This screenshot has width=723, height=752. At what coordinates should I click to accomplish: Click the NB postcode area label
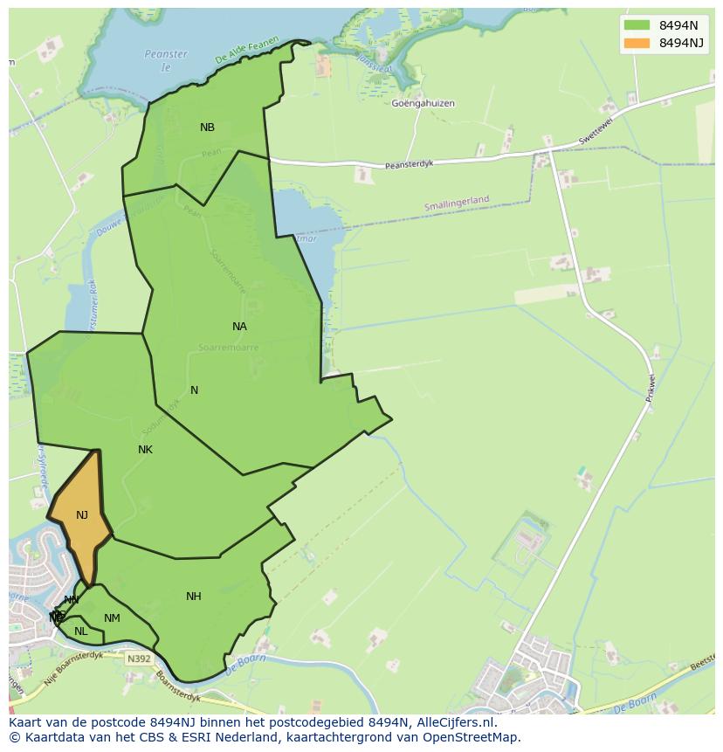click(207, 128)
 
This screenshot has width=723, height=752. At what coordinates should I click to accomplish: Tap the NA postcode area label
click(239, 327)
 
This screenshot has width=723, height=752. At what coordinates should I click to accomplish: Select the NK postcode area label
click(145, 450)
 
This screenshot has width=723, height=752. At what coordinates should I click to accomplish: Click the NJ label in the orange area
click(82, 515)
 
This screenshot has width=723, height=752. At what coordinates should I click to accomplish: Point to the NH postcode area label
click(194, 597)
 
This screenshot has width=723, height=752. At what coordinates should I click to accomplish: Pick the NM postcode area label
click(112, 618)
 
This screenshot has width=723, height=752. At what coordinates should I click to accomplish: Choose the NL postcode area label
click(81, 631)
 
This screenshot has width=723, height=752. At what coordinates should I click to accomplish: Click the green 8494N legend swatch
click(637, 24)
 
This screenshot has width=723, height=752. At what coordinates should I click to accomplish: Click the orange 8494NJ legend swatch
click(637, 43)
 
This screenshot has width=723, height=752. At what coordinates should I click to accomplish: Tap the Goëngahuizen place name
click(423, 103)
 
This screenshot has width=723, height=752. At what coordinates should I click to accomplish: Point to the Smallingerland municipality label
click(457, 202)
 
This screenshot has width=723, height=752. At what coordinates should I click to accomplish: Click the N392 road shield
click(137, 659)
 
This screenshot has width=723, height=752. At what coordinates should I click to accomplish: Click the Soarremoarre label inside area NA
click(229, 347)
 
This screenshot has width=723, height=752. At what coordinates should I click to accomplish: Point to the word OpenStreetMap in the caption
click(475, 737)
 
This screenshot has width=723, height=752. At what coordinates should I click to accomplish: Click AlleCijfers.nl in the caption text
click(455, 722)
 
